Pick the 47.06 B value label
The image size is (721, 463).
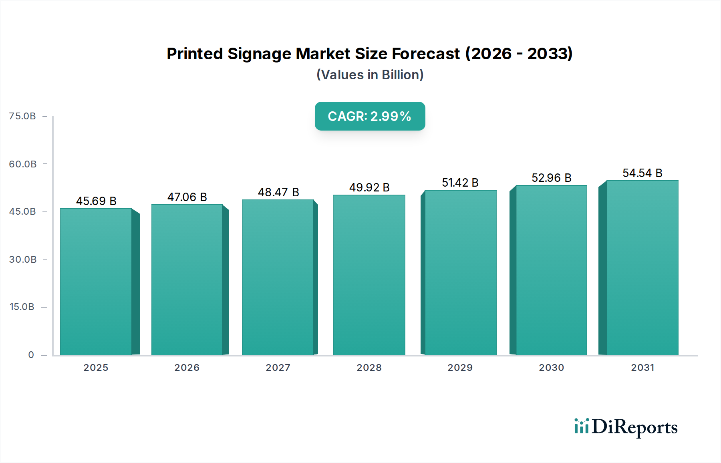(187, 197)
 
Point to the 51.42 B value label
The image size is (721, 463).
(460, 183)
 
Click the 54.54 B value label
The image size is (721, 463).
(642, 173)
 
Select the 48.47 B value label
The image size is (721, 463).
(278, 192)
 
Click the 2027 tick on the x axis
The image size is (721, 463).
(278, 368)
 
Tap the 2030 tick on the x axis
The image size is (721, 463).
(552, 368)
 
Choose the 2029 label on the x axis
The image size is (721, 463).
(460, 368)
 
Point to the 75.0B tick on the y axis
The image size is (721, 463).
(22, 116)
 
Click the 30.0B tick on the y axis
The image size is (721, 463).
(23, 260)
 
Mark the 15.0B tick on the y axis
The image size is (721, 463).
(22, 307)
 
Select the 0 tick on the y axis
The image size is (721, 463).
(31, 355)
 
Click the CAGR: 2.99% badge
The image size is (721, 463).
(370, 116)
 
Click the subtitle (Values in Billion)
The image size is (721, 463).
(370, 75)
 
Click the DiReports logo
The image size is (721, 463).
(626, 427)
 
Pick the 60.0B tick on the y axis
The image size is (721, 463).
(23, 164)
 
